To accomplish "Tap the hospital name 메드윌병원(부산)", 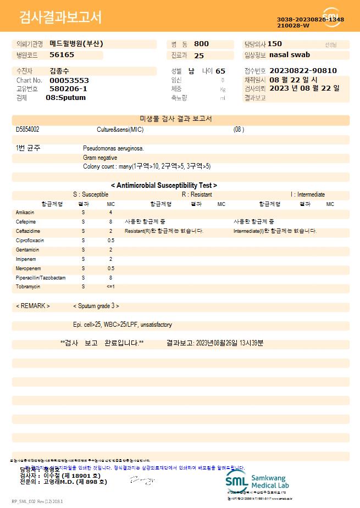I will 76,43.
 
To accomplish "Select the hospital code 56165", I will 62,55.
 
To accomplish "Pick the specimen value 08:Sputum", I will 65,98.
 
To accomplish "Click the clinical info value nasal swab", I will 290,55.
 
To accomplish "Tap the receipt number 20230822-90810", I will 303,71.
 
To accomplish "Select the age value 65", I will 220,71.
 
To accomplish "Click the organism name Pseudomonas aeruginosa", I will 113,148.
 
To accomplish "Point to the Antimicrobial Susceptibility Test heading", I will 164,186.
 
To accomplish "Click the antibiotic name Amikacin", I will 26,212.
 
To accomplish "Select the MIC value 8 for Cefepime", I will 110,221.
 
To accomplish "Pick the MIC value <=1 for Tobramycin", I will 110,287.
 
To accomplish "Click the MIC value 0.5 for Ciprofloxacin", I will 110,241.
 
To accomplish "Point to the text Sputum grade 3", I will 96,306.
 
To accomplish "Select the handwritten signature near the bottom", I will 141,481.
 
